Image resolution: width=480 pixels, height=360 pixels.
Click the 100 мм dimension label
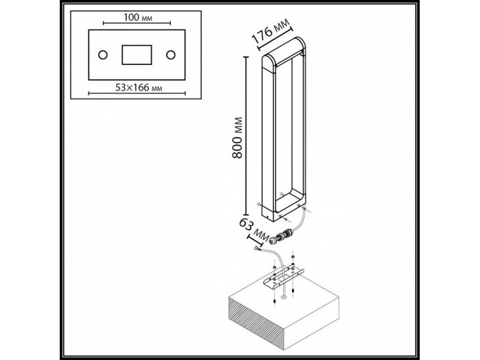(x=137, y=18)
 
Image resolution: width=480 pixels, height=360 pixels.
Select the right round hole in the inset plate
(x=171, y=54)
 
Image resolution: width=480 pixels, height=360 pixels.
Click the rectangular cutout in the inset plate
(x=137, y=55)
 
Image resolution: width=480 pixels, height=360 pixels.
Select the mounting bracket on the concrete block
(x=283, y=276)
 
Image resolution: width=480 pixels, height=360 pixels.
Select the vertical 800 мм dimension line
(x=246, y=133)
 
